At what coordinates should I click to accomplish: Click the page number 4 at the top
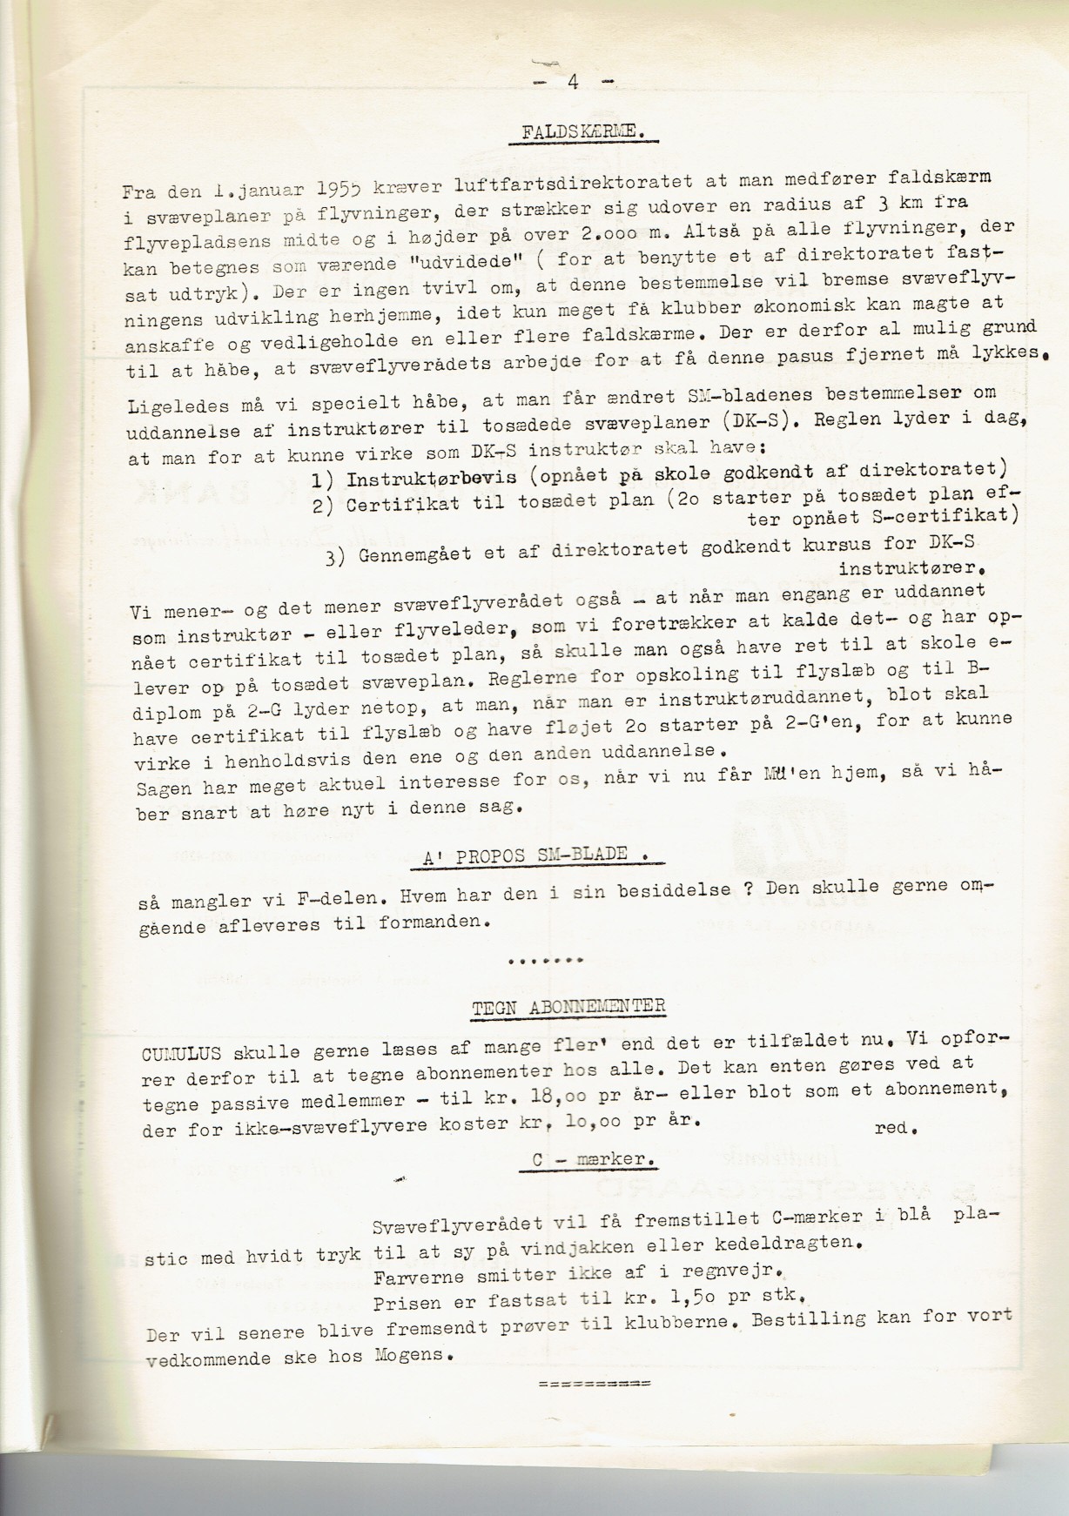[572, 83]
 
